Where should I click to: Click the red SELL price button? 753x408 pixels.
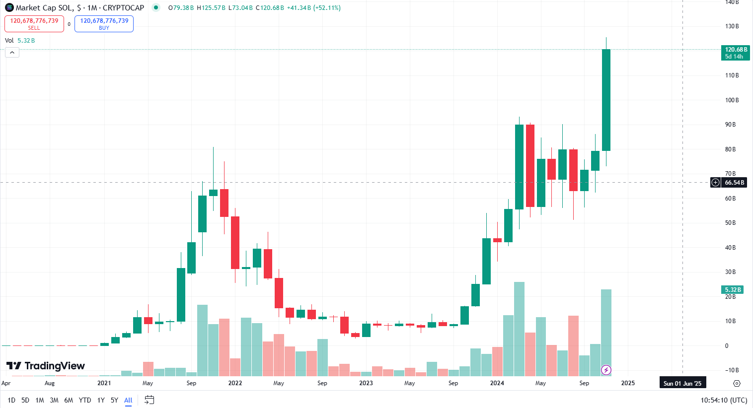[34, 24]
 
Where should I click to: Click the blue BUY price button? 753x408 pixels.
[104, 24]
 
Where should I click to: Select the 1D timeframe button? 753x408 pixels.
[11, 400]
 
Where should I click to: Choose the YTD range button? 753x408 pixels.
[85, 400]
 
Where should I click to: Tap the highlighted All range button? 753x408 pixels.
[128, 400]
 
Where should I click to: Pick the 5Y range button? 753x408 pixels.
[114, 400]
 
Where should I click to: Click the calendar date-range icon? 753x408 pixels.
[149, 400]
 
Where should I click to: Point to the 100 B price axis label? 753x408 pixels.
[732, 100]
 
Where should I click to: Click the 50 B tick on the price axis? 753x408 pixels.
[730, 223]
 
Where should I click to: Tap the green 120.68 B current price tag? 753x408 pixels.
[735, 53]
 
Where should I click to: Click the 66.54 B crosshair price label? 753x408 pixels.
[734, 183]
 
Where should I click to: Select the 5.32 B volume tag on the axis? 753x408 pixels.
[733, 290]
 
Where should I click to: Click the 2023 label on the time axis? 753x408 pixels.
[366, 383]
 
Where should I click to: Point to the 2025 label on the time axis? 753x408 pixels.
[628, 383]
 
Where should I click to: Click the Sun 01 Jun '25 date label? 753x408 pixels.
[682, 383]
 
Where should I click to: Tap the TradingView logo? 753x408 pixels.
[46, 366]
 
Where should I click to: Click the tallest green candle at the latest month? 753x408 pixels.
[606, 99]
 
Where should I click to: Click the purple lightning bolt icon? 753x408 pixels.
[606, 370]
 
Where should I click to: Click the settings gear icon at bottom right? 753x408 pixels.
[737, 383]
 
